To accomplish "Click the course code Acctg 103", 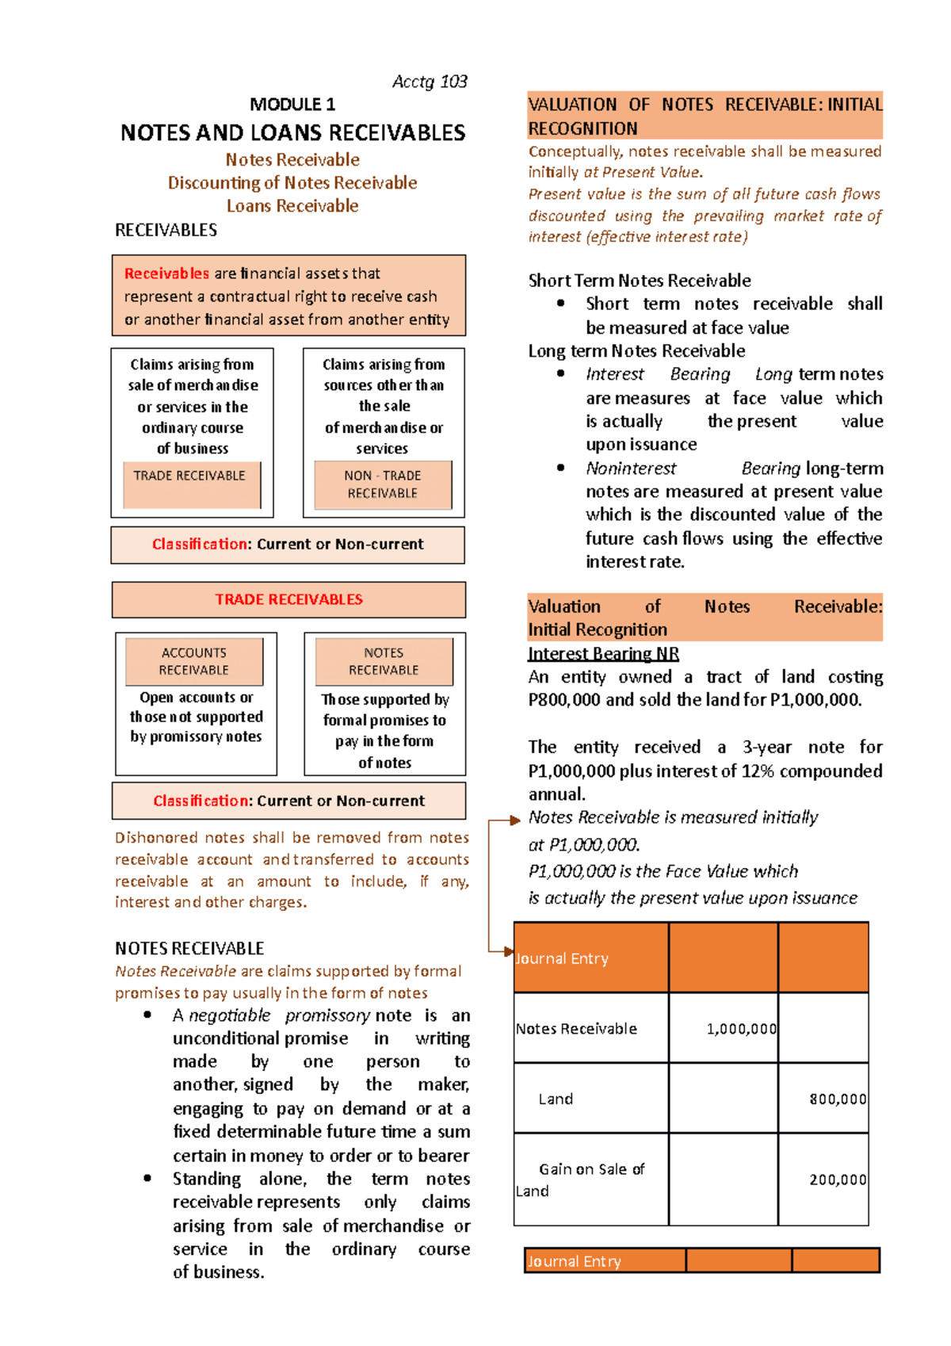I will (430, 82).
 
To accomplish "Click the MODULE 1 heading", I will (292, 105).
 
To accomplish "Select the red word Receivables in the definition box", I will (166, 273).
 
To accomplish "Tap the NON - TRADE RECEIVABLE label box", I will (383, 484).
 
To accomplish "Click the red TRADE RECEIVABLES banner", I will (288, 600).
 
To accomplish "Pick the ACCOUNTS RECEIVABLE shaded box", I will (194, 661).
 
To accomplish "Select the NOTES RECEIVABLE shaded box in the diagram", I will (384, 661).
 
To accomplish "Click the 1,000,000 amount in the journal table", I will (741, 1029).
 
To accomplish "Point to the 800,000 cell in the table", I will (837, 1099).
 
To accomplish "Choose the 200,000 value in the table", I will (837, 1180).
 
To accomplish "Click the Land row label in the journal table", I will (556, 1099).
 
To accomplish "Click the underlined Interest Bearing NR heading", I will (603, 654).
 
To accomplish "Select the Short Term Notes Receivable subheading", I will (640, 281).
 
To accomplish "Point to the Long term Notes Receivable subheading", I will (636, 351).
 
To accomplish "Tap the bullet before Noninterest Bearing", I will (561, 468).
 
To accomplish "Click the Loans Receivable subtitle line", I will (292, 206).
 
